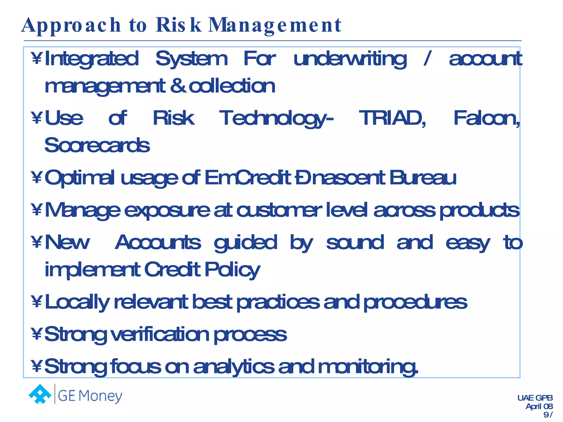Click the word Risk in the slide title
179,25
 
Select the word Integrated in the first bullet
92,59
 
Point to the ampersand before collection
178,86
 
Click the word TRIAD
392,118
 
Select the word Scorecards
97,145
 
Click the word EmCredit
247,178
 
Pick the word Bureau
423,178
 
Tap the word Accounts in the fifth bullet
158,243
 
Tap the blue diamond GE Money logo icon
40,394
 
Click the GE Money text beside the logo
90,396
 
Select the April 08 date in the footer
539,406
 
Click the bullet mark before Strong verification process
37,334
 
